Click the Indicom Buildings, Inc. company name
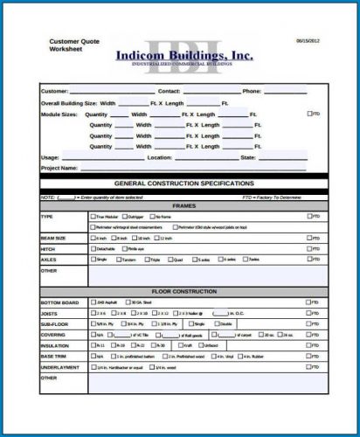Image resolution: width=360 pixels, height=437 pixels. (x=184, y=55)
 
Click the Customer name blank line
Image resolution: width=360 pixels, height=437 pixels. (x=111, y=92)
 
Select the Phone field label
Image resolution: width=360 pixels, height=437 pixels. (x=252, y=91)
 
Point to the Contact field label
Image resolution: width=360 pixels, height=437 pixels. (x=169, y=91)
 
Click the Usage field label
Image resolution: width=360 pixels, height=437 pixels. (x=50, y=157)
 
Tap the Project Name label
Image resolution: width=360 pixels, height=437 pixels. (x=59, y=168)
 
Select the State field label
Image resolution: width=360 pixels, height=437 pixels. (x=248, y=157)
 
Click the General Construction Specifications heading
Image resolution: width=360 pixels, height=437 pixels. (x=184, y=184)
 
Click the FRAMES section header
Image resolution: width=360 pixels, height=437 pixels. (x=184, y=205)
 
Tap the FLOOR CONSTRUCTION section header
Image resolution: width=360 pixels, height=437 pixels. (x=184, y=288)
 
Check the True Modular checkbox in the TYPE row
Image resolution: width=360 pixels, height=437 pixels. (x=93, y=216)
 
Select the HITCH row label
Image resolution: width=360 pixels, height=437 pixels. (x=48, y=248)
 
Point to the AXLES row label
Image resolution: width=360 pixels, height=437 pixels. (x=48, y=259)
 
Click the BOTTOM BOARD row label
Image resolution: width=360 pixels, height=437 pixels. (x=59, y=302)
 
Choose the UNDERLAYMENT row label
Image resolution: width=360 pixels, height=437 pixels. (x=61, y=366)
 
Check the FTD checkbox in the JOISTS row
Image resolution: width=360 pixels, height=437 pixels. (x=308, y=313)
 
